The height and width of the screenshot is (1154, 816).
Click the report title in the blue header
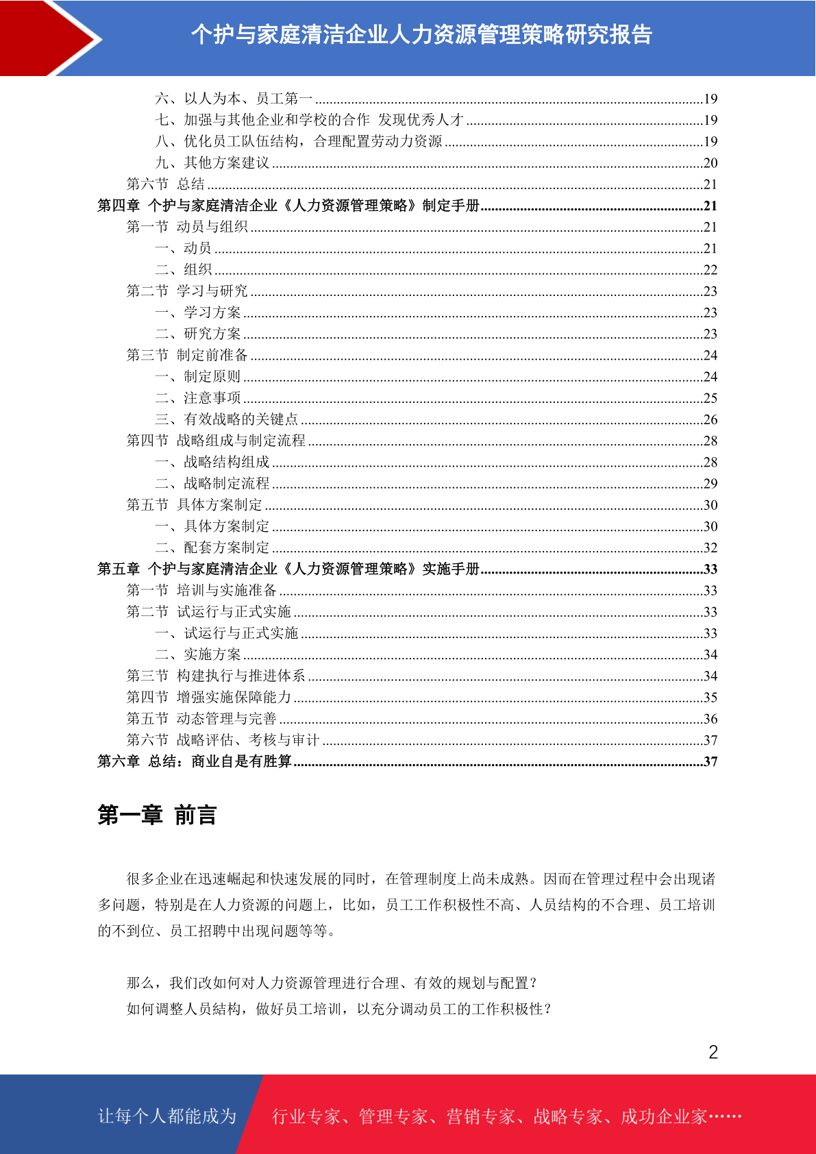pos(421,34)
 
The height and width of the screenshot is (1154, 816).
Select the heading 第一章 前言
pos(157,815)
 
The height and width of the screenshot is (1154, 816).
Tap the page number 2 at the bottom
pos(713,1053)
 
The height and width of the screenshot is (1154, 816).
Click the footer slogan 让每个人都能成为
pos(167,1116)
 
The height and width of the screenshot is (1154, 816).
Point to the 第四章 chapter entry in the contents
pos(288,206)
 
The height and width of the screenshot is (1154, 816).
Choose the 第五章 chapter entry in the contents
pos(288,569)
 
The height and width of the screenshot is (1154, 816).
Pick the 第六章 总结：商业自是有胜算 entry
pos(195,761)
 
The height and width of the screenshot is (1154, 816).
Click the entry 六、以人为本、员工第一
pos(234,99)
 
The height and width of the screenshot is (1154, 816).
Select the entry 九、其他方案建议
pos(212,163)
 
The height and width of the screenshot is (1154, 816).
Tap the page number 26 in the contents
pos(710,419)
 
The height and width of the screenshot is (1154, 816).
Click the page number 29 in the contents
pos(710,484)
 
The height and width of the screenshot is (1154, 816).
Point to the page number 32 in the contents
pos(710,548)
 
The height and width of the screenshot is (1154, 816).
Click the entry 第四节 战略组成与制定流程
pos(216,441)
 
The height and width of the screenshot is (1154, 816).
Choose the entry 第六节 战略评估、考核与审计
pos(223,740)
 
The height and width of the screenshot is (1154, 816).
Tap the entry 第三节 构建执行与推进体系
pos(216,676)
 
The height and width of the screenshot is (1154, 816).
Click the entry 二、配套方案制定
pos(212,548)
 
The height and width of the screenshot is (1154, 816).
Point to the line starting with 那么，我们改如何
pos(332,983)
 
